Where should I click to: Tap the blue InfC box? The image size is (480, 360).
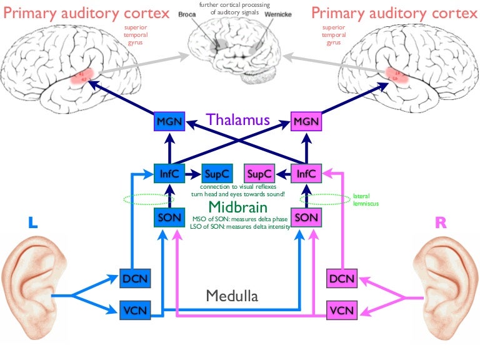(x=169, y=173)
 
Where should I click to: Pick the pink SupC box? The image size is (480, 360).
(x=259, y=173)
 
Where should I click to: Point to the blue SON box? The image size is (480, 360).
(x=169, y=218)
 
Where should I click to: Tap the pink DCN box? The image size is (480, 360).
(x=342, y=279)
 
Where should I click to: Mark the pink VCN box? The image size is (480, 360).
(x=342, y=309)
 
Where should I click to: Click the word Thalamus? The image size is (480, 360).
(x=237, y=119)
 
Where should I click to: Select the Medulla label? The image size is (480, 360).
(x=232, y=296)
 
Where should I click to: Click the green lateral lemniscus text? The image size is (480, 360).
(x=366, y=199)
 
